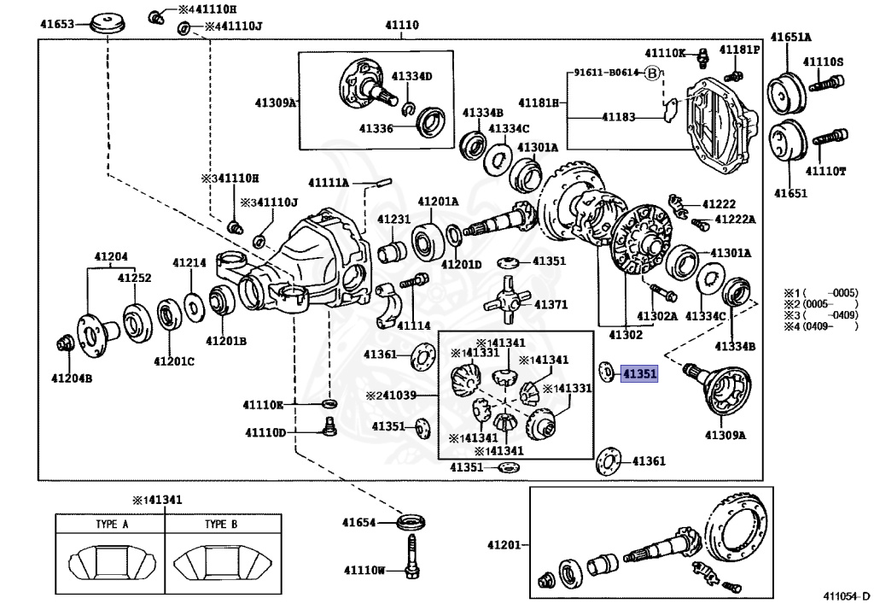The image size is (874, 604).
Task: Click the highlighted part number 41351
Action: click(639, 373)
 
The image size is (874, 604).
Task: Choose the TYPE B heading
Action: click(221, 525)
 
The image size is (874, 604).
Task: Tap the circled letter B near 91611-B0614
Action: click(653, 73)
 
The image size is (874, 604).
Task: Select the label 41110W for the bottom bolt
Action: click(364, 570)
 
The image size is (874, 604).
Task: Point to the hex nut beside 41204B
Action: click(64, 345)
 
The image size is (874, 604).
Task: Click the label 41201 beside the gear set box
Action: click(504, 544)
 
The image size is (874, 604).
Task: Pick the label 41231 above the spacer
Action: click(394, 219)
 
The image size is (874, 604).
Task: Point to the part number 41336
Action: click(376, 128)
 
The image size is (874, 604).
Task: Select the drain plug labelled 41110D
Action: click(324, 425)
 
